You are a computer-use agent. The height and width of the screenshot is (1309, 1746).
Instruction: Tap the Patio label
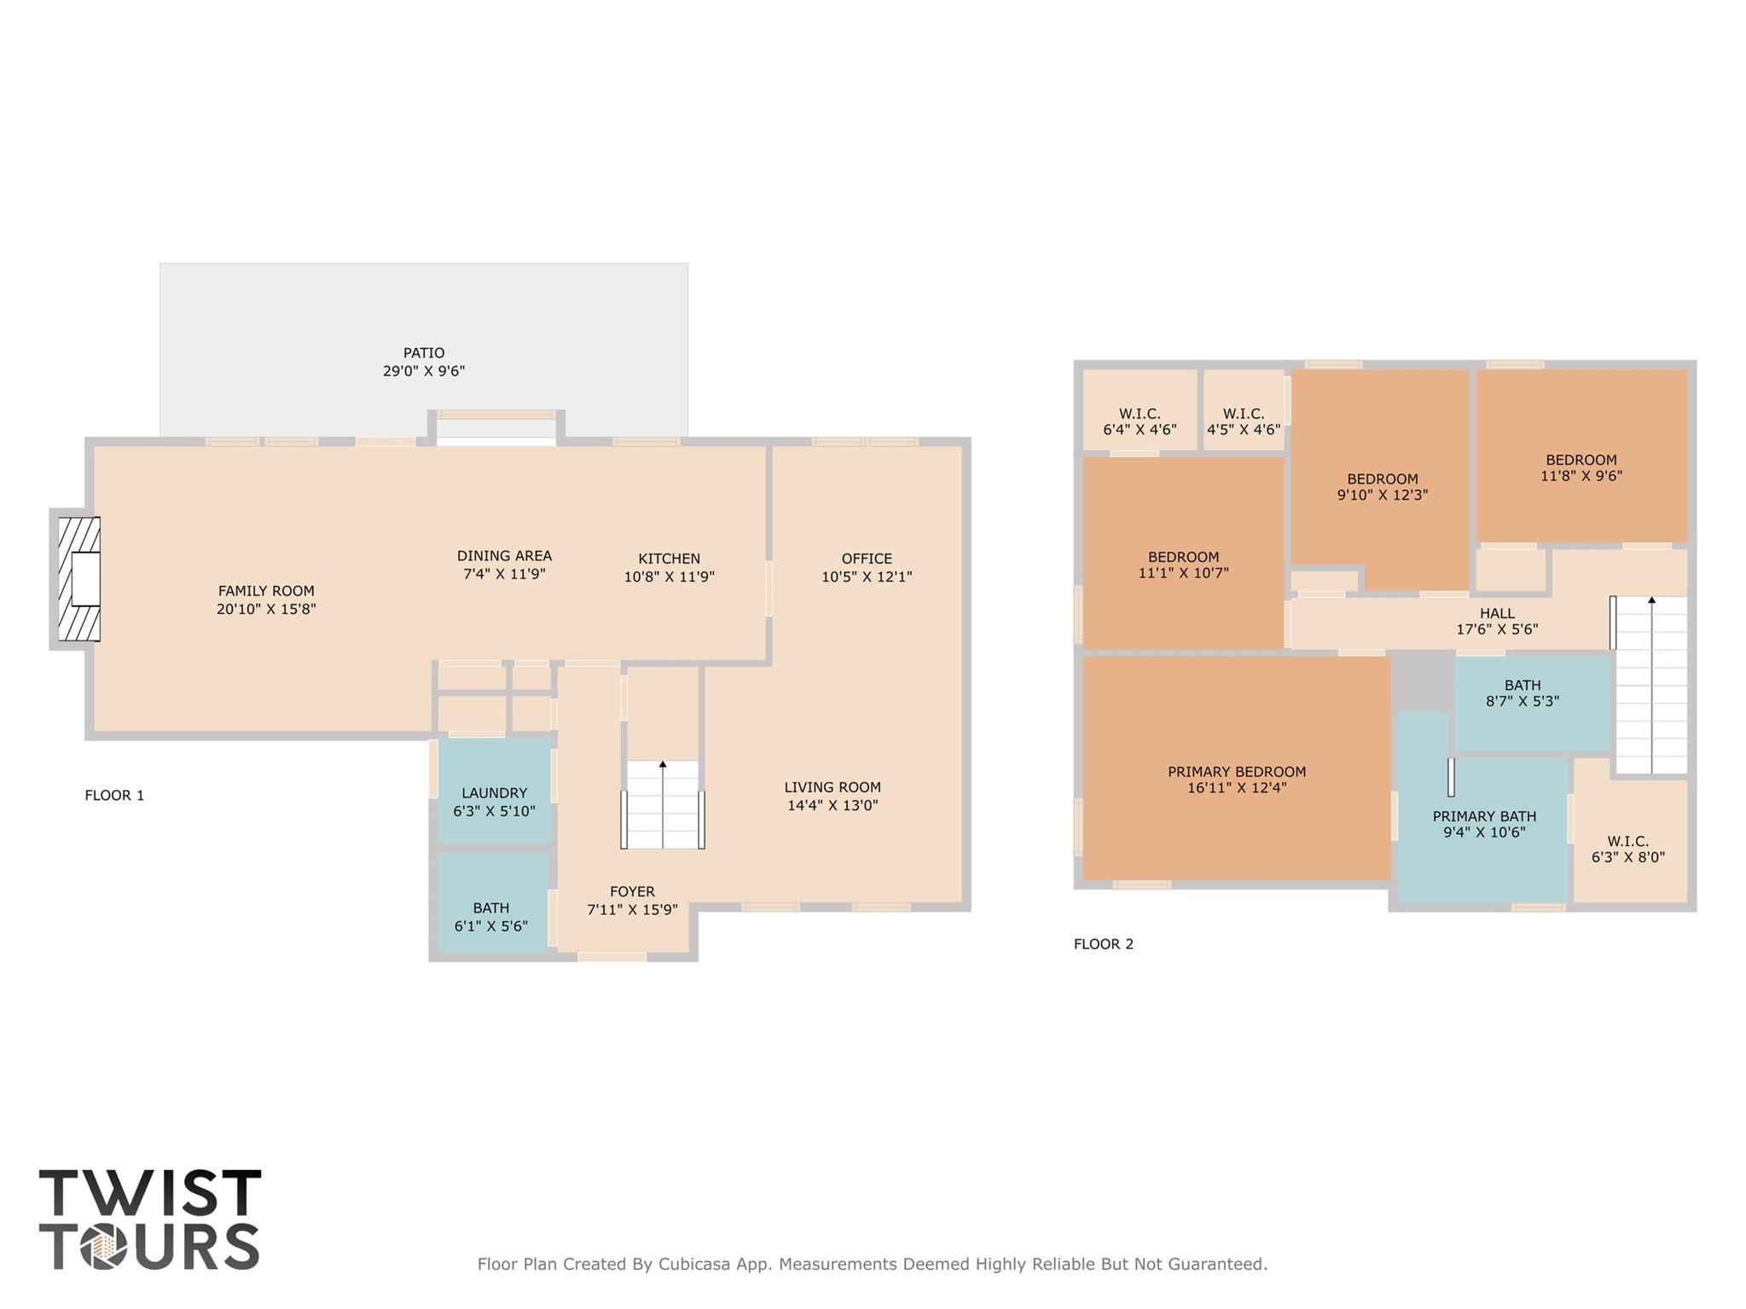[x=424, y=353]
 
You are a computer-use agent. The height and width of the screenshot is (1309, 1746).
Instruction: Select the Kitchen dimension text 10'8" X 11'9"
[x=669, y=577]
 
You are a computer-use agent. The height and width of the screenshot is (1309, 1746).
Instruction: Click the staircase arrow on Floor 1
[x=663, y=802]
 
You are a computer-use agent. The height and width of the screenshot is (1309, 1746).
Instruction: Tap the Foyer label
[x=632, y=892]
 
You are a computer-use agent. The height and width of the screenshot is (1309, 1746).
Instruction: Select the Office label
[x=867, y=559]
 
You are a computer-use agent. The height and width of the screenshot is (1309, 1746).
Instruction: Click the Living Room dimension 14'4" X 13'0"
[x=832, y=806]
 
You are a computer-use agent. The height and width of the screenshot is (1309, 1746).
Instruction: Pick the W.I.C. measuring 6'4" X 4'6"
[x=1140, y=421]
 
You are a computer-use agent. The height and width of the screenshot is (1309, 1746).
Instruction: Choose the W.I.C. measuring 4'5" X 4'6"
[x=1243, y=421]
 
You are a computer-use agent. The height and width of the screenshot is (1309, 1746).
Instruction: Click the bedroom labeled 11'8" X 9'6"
[x=1581, y=467]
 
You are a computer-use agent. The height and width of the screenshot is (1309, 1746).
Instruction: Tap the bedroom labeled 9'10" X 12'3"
[x=1382, y=486]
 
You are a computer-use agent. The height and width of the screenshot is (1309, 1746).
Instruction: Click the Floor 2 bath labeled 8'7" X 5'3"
[x=1523, y=692]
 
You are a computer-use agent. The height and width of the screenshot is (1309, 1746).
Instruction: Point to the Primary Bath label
[x=1484, y=816]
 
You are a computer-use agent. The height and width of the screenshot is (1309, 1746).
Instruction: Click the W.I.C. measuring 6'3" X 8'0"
[x=1627, y=849]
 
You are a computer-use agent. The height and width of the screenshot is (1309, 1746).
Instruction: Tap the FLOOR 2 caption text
[x=1103, y=944]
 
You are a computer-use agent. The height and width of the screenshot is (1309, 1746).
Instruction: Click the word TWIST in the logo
[x=150, y=1193]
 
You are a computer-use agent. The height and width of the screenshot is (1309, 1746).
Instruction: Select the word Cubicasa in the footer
[x=693, y=1265]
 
